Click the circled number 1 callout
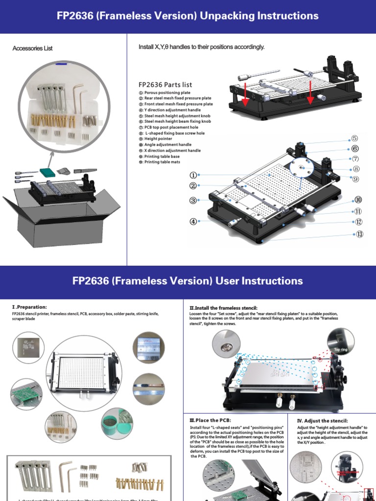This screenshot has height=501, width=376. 193,175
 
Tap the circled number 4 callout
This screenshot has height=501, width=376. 193,221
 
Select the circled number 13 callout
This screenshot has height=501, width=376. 360,234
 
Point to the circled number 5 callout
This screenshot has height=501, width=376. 354,138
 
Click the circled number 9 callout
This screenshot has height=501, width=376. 355,179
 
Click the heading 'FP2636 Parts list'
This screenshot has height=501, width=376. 165,85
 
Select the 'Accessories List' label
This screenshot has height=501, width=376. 32,48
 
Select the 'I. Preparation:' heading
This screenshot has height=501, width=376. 29,307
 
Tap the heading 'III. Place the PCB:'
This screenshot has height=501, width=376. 210,420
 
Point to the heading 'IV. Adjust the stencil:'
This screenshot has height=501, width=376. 323,420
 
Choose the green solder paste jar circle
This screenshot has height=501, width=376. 117,424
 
